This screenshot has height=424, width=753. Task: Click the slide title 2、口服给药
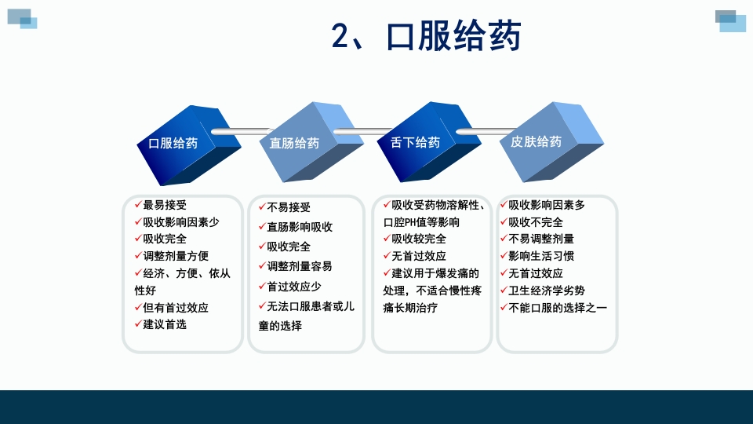(426, 36)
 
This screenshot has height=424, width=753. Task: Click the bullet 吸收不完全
(536, 222)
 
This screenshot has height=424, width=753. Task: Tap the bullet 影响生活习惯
(541, 256)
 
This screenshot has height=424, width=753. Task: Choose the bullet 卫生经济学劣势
(547, 291)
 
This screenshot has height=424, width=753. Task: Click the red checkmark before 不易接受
(262, 207)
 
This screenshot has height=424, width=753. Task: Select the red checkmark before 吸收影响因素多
(504, 204)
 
